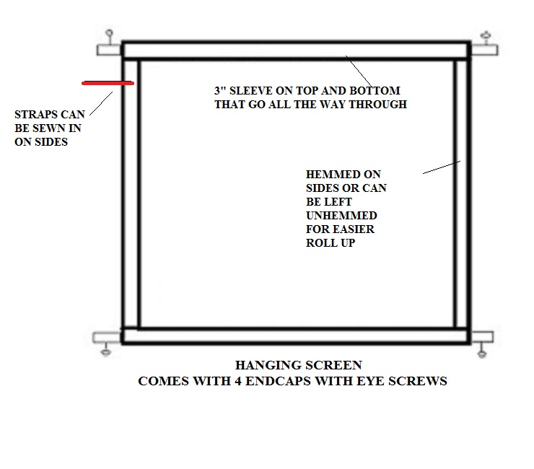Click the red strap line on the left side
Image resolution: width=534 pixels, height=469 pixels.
pyautogui.click(x=108, y=84)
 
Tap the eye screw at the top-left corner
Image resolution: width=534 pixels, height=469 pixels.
pyautogui.click(x=110, y=34)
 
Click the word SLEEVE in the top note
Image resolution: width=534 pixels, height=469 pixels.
pyautogui.click(x=253, y=91)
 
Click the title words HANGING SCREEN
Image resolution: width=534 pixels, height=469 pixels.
pyautogui.click(x=298, y=365)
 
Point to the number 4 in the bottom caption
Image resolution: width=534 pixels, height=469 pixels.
pyautogui.click(x=238, y=380)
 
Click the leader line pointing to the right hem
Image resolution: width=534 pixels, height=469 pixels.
pyautogui.click(x=440, y=167)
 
